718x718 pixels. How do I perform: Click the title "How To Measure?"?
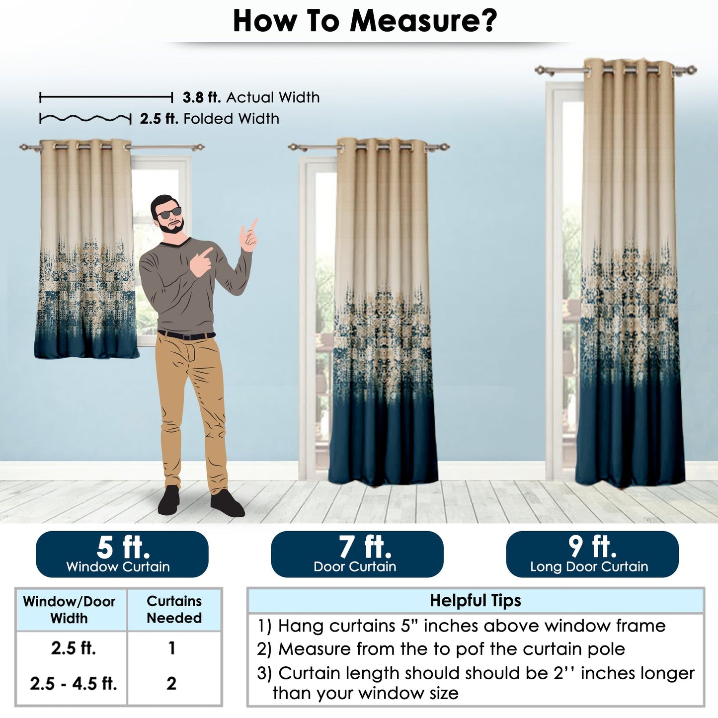coord(365,21)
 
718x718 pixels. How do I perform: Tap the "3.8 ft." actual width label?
coord(202,97)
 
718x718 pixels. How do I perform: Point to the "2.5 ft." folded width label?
coord(159,119)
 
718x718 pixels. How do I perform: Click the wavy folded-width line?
coord(85,119)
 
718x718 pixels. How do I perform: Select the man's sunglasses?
coord(169,214)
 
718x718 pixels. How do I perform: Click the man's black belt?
coord(186,335)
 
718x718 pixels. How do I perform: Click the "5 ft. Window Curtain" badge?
coord(122,554)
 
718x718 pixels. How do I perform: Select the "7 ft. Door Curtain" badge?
coord(357,554)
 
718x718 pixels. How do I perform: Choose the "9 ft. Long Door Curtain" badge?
coord(592,554)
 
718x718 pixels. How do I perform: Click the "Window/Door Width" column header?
coord(70,610)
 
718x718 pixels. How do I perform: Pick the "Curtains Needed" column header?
coord(174,610)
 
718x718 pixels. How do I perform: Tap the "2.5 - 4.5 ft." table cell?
coord(73,684)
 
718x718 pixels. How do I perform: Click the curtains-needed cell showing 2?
coord(171,684)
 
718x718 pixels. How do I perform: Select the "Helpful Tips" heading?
coord(475,601)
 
